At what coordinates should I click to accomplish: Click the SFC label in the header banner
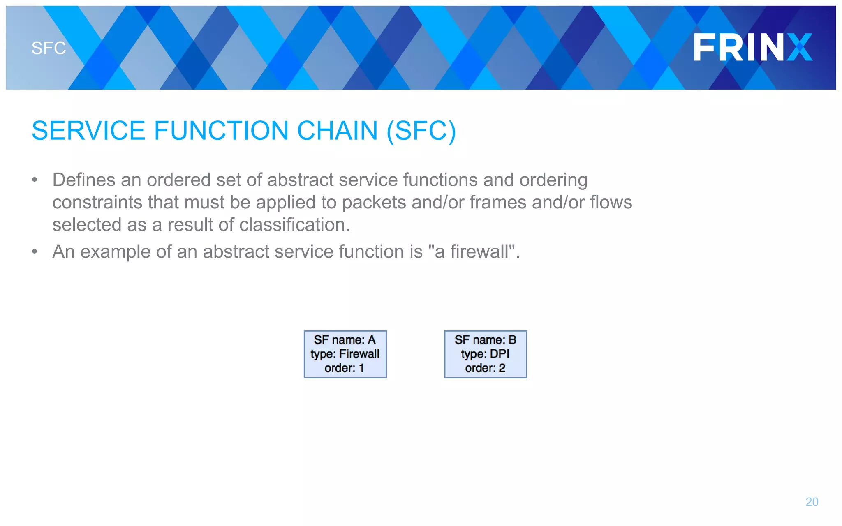[49, 48]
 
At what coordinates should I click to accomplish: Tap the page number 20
[812, 502]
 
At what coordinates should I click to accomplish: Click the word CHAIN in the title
[337, 131]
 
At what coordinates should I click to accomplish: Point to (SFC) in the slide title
[421, 131]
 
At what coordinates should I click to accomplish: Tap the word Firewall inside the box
[359, 354]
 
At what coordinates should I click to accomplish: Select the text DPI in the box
[499, 354]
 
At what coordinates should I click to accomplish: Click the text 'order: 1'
[345, 368]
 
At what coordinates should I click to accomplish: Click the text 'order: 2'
[485, 368]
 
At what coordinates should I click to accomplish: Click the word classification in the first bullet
[292, 225]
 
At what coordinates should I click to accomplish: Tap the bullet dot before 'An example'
[35, 251]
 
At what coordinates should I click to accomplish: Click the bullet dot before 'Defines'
[35, 180]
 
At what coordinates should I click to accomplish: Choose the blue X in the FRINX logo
[800, 48]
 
